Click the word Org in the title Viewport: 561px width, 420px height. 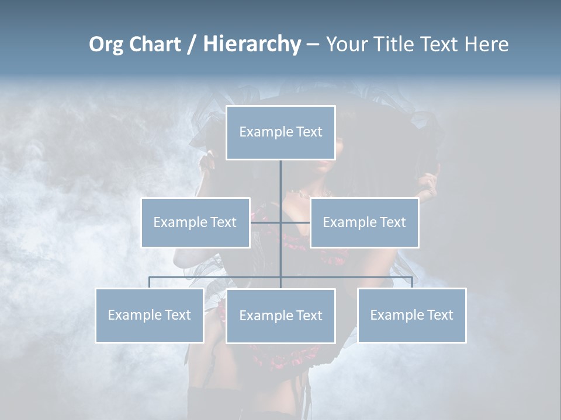click(106, 44)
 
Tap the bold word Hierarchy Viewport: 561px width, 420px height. click(252, 44)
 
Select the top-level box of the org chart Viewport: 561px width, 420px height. click(280, 132)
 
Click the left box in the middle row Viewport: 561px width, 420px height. click(195, 222)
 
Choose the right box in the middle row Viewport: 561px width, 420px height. click(364, 222)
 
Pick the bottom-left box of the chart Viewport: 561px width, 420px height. click(150, 315)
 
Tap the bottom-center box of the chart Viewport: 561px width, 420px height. click(280, 316)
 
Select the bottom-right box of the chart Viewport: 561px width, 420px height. click(411, 315)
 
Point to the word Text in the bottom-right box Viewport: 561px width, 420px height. click(439, 315)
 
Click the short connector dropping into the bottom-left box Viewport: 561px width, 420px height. click(150, 282)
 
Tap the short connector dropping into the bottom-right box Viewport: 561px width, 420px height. click(411, 282)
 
